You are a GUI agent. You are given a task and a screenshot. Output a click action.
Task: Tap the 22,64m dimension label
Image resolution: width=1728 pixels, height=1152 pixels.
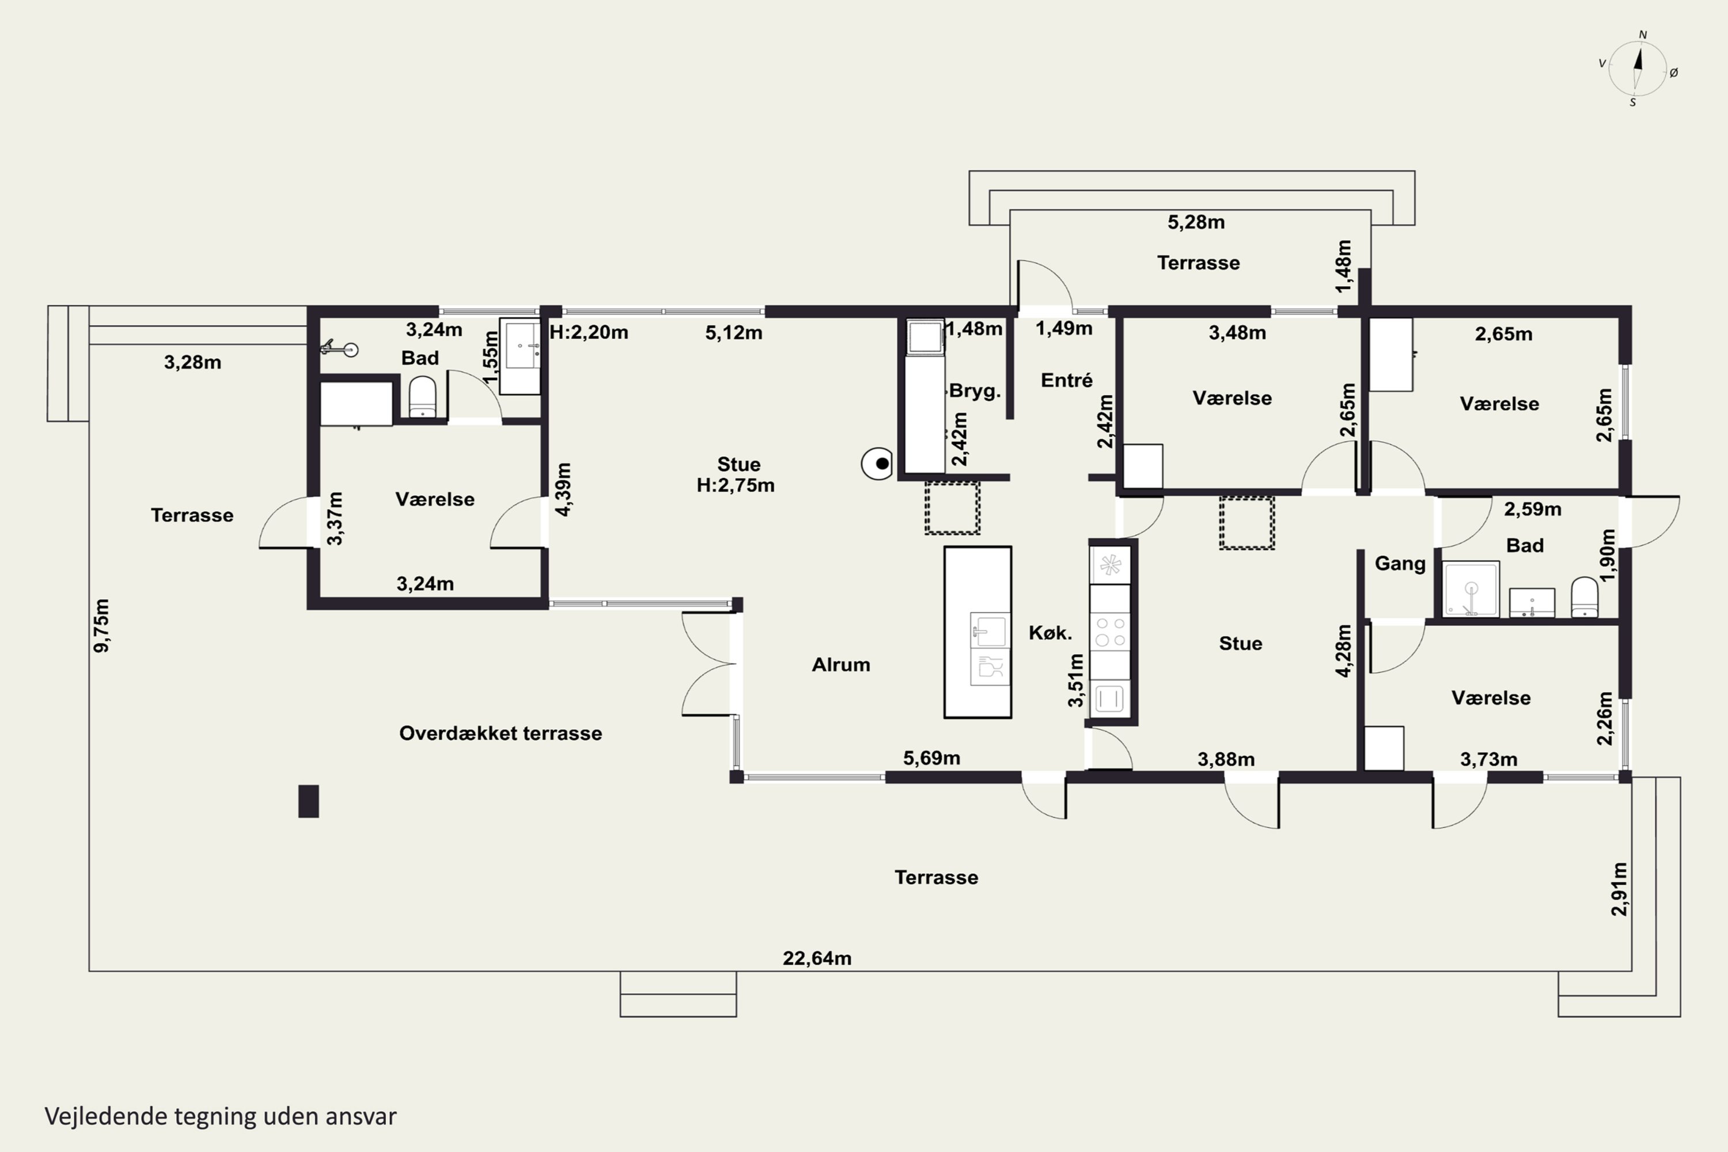click(817, 958)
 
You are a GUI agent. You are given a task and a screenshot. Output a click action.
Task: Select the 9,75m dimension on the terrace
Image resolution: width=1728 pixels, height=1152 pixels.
click(101, 625)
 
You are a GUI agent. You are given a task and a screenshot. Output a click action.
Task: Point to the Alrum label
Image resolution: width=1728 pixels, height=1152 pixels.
click(840, 664)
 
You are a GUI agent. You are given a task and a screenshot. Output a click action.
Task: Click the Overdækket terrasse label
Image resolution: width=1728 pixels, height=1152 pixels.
click(501, 733)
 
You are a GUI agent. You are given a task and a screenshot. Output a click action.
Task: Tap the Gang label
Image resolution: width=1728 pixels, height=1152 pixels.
click(1400, 563)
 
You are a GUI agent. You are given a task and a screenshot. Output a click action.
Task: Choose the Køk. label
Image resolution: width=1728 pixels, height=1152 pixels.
click(1050, 632)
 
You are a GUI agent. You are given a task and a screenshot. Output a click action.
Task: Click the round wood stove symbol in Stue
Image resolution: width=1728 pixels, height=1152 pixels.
click(877, 464)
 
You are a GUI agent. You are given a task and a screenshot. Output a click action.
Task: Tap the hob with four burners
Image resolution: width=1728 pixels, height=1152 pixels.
click(1110, 632)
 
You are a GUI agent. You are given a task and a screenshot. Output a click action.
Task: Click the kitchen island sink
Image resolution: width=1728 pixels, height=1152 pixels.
click(990, 630)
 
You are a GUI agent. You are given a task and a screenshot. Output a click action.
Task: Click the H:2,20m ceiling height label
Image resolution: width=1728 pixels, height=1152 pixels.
click(589, 332)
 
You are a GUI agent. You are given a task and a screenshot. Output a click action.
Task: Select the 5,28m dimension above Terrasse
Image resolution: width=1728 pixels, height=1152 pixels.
click(1196, 222)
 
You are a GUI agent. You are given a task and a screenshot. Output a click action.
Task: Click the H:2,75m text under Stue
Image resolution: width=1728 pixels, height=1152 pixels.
click(736, 485)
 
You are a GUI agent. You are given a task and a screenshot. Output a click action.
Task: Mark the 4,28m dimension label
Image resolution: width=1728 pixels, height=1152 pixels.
click(1343, 650)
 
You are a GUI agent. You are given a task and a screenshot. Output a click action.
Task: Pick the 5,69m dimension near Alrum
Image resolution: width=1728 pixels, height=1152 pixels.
click(931, 757)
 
